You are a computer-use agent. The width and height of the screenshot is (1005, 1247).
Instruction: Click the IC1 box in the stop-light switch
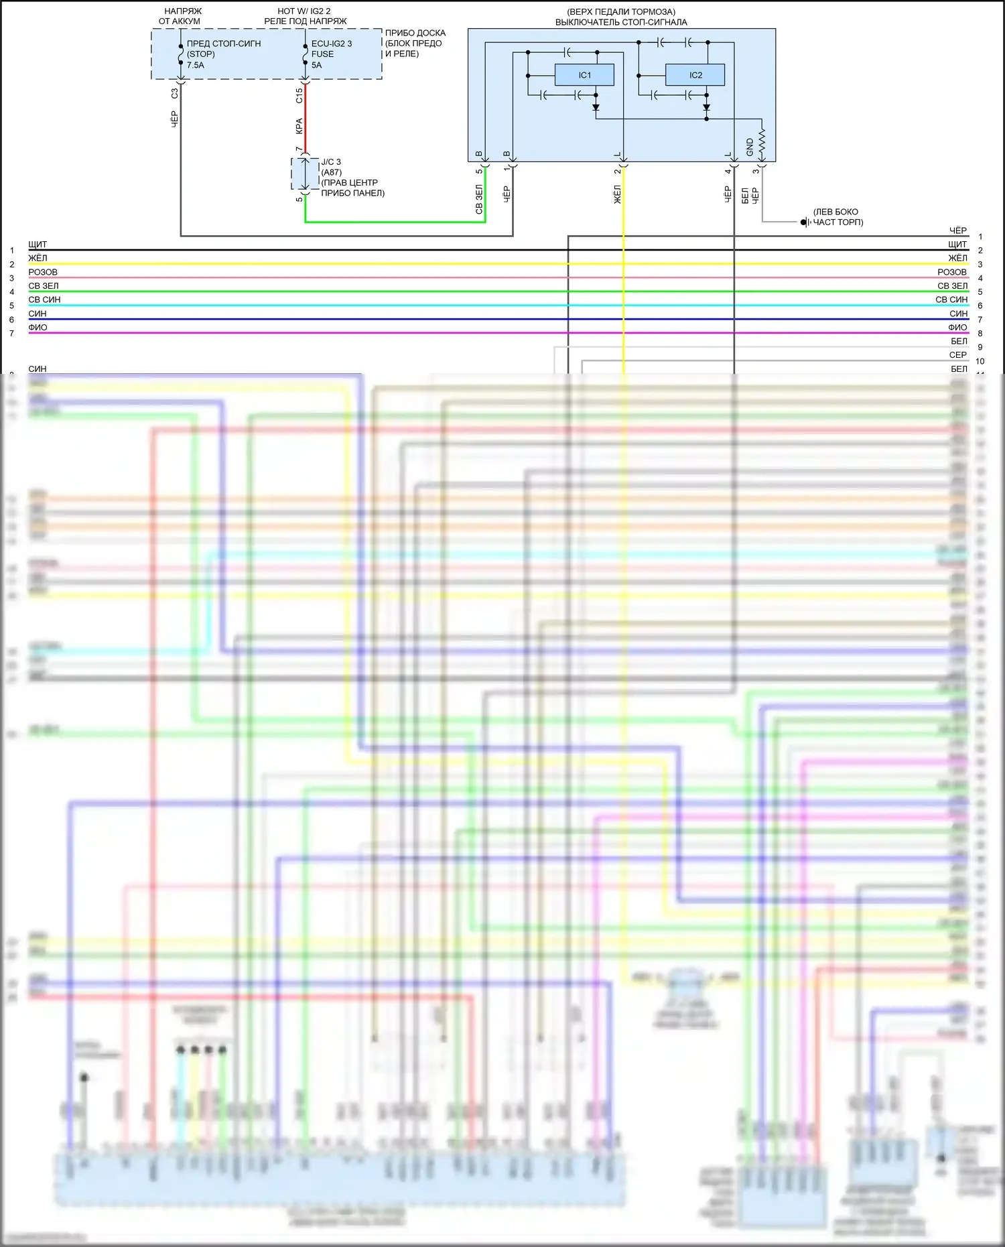[x=584, y=75]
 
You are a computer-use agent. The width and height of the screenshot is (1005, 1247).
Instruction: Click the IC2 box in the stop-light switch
[x=695, y=75]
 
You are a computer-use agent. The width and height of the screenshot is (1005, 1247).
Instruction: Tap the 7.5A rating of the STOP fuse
[x=196, y=65]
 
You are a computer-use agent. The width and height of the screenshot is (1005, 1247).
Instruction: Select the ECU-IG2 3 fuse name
[x=331, y=44]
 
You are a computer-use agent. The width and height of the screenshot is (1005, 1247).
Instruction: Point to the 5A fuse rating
[x=316, y=65]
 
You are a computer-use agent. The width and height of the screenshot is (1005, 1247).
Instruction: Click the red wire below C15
[x=306, y=117]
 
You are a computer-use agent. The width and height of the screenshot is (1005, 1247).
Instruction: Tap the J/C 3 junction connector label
[x=331, y=162]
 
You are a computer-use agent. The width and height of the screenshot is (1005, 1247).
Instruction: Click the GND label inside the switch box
[x=750, y=147]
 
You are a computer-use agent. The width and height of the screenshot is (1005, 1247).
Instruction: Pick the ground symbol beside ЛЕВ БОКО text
[x=805, y=222]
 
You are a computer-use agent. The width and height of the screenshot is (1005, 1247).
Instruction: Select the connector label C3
[x=175, y=94]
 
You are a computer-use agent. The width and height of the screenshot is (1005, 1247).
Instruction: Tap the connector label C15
[x=299, y=95]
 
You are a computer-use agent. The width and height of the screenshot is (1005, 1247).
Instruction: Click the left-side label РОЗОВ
[x=43, y=272]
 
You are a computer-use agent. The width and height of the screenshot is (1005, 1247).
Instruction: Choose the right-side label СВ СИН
[x=951, y=300]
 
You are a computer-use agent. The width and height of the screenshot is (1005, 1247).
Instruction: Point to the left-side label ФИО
[x=38, y=327]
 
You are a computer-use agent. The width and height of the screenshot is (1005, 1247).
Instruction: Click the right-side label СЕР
[x=957, y=354]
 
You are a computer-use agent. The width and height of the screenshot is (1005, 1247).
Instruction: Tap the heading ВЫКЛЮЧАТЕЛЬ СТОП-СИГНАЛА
[x=620, y=22]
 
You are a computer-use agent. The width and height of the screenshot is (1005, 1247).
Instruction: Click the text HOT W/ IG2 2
[x=304, y=11]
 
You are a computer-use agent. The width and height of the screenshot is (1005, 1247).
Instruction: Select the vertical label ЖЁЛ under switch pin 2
[x=617, y=194]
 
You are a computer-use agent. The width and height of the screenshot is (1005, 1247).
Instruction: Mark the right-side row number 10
[x=980, y=361]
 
